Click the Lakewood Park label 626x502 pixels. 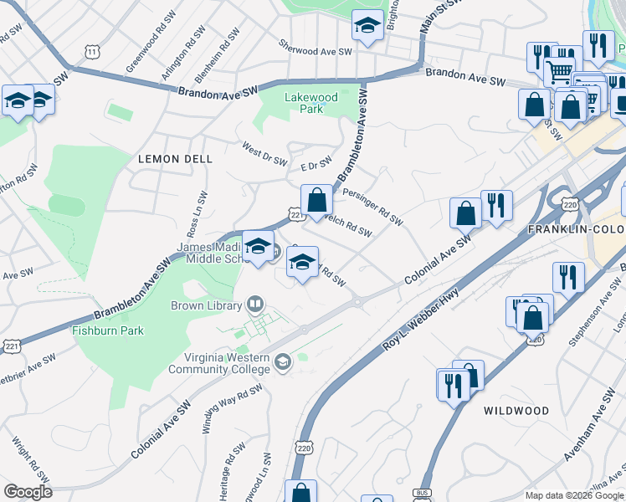click(311, 103)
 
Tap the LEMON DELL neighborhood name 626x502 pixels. click(175, 158)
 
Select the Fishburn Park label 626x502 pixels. click(107, 330)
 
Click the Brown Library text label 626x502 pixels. click(207, 306)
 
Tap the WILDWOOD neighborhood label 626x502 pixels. click(516, 411)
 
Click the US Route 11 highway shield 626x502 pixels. click(90, 52)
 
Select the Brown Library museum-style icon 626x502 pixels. click(256, 305)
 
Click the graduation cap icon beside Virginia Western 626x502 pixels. click(283, 361)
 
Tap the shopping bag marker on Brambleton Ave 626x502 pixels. click(317, 201)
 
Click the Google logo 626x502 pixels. click(28, 492)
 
